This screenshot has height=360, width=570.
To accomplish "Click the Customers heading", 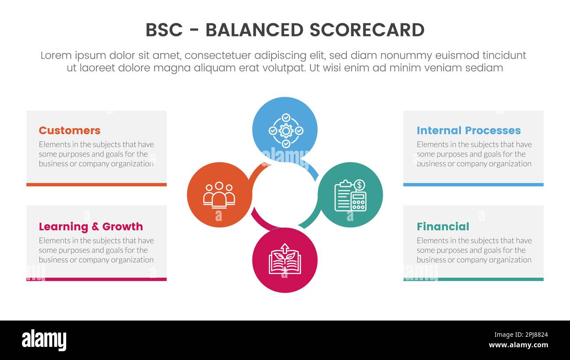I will point(69,131).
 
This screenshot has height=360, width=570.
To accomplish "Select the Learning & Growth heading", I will point(91,227).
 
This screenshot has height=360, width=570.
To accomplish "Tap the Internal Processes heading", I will point(468,131).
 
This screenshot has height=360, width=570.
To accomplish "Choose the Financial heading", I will point(442,227).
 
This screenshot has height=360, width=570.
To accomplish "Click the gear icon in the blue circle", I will point(286,131).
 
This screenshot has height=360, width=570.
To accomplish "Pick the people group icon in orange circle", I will point(219,195).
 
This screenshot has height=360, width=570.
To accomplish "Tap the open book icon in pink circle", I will point(285,260).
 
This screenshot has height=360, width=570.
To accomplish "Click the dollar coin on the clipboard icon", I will point(359,185).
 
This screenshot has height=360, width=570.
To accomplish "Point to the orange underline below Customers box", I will point(96,185).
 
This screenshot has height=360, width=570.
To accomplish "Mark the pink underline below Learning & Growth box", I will point(96,279).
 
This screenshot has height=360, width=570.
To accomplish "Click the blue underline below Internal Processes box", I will point(473,185).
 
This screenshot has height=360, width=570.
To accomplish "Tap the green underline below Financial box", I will point(473,279).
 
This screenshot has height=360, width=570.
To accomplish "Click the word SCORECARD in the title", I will point(367,30).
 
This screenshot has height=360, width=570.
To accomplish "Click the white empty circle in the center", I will point(285,195).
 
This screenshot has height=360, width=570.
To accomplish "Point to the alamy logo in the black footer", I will point(44,340).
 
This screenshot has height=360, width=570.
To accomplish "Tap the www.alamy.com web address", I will point(518,345).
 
